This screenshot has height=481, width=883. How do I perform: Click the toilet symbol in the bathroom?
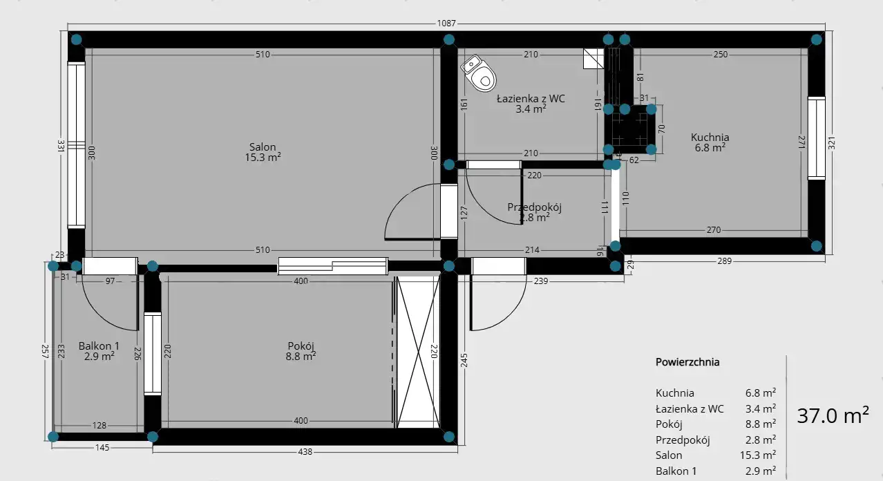pos(479,73)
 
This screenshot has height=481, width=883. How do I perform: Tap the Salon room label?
pos(263,147)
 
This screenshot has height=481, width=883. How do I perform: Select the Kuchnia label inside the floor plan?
pos(710,138)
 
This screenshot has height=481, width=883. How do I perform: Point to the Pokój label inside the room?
pos(301,346)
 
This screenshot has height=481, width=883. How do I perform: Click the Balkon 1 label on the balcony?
pos(99,346)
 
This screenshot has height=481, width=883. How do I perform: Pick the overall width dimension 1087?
pos(446,23)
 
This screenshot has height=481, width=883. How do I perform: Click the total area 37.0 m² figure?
pos(833,415)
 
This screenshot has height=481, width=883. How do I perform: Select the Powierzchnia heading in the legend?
pos(687,362)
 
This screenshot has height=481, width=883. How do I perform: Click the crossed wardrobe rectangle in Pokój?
pos(418,352)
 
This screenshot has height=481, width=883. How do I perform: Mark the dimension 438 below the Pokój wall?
pos(305,451)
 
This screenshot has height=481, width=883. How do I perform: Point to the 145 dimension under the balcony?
pos(102,448)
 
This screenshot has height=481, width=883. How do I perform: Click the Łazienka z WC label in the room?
pos(531,99)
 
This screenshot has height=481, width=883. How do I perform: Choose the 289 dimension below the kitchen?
pos(724,261)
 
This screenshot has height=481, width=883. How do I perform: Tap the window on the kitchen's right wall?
pos(817,138)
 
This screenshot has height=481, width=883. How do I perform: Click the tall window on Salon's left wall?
pos(76,144)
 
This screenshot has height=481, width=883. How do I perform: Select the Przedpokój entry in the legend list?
pos(683,440)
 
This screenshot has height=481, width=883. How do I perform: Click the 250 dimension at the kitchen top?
pos(721,54)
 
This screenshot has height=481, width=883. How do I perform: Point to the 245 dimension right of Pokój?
pos(464,360)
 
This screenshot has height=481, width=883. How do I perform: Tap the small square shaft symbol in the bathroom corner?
pos(594,58)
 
